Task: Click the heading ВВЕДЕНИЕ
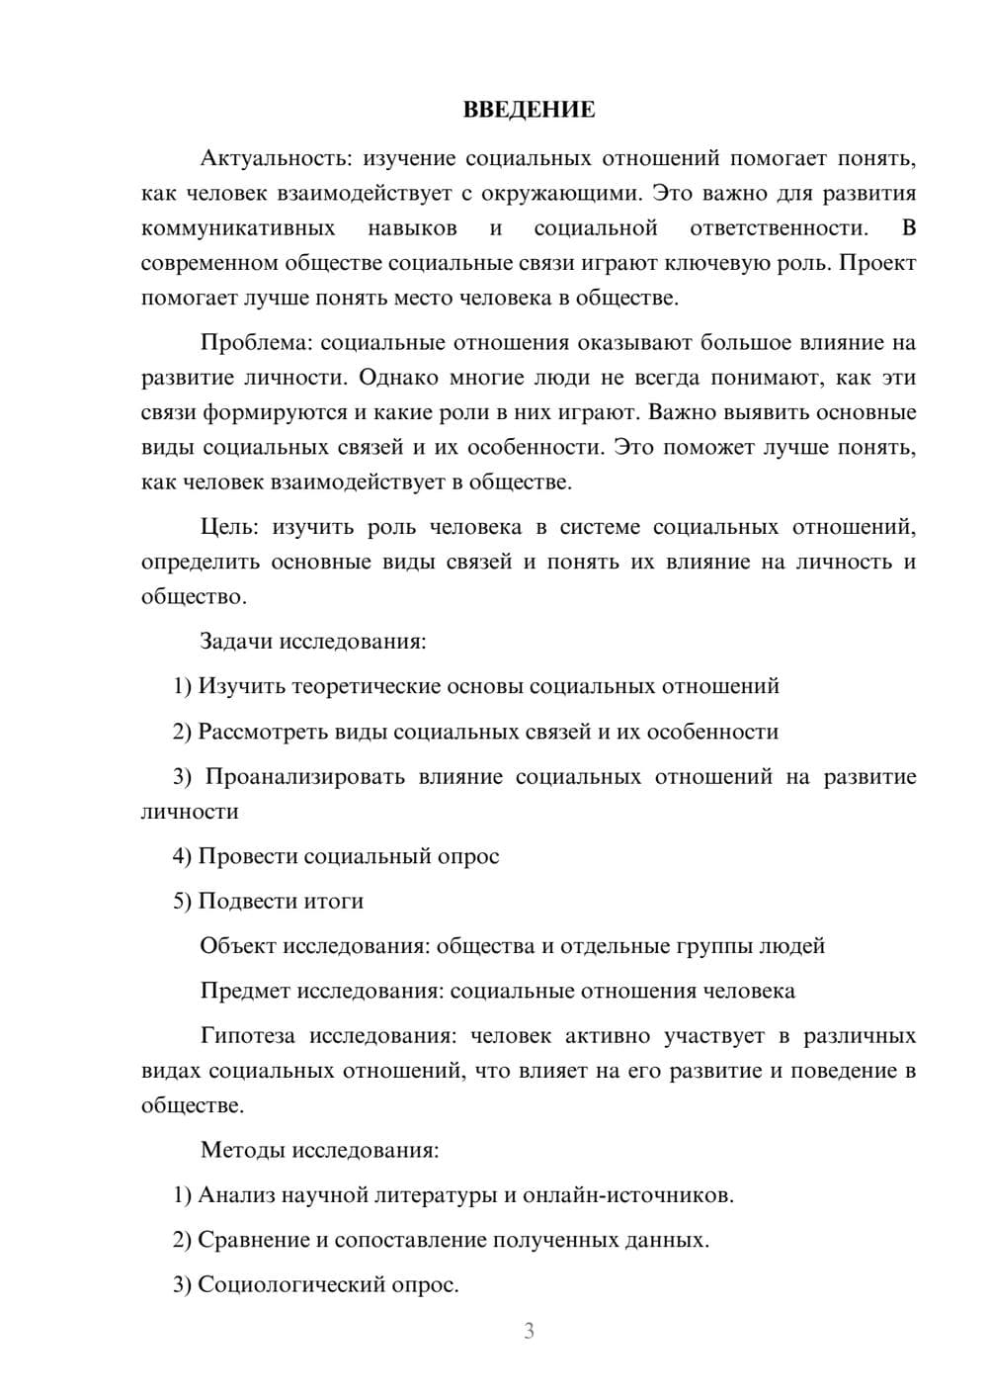point(529,110)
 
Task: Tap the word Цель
point(227,528)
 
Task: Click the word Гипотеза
point(247,1036)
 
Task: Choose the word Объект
point(238,946)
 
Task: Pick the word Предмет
point(245,991)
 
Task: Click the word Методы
point(243,1150)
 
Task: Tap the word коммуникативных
point(238,229)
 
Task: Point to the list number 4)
point(182,856)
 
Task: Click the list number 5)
point(182,902)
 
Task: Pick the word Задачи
point(236,642)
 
